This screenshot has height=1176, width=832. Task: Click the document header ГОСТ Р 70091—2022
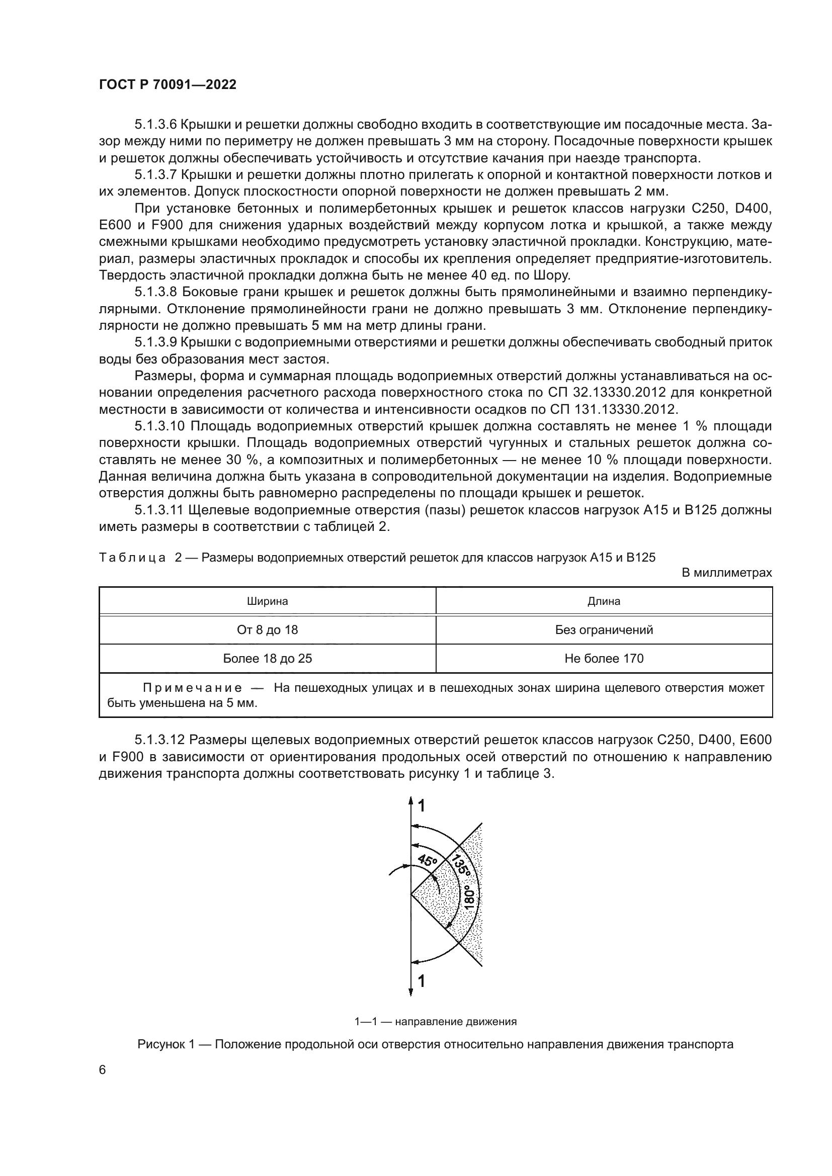[x=168, y=85]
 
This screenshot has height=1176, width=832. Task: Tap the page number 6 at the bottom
[x=103, y=1070]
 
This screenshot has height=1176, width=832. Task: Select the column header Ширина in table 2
[x=268, y=601]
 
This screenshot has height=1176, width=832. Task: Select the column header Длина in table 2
[x=604, y=601]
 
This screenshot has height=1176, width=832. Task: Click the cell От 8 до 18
[x=268, y=630]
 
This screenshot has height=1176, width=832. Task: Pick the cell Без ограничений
[x=604, y=630]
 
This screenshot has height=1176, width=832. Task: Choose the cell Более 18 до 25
[x=268, y=659]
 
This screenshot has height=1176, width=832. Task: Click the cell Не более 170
[x=604, y=659]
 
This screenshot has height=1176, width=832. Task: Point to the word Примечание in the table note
[x=192, y=688]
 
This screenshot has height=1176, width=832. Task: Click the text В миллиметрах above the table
[x=726, y=573]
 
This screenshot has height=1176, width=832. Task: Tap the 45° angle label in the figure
[x=427, y=860]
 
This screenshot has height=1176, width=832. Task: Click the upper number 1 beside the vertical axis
[x=422, y=806]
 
